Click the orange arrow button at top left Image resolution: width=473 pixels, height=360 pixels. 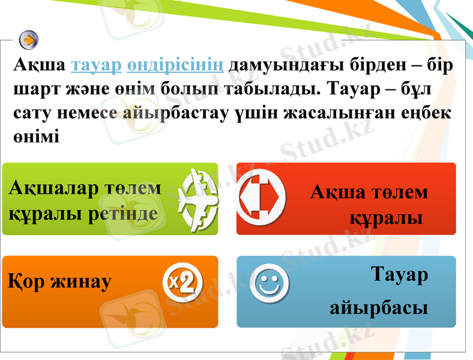tap(29, 40)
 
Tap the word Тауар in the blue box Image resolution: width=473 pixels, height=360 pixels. tap(399, 275)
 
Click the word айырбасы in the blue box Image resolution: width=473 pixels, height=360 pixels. tap(379, 308)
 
